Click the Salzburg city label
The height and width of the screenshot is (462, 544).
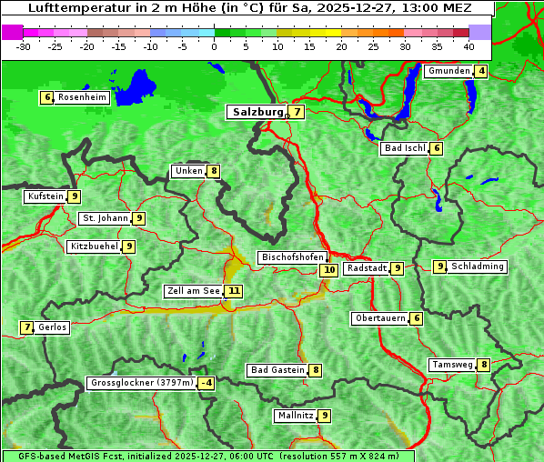point(258,112)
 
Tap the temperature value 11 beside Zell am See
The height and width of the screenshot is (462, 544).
point(235,291)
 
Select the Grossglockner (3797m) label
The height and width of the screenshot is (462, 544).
point(142,384)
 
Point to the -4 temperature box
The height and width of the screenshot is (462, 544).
point(207,384)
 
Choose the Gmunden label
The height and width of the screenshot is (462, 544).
point(448,71)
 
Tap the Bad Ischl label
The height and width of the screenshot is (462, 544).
point(404,148)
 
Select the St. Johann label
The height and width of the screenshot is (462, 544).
point(104,218)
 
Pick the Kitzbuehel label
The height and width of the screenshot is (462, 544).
point(94,246)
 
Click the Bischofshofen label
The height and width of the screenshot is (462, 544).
point(292,258)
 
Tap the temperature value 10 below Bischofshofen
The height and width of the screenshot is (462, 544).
point(328,269)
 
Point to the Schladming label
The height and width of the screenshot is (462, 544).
point(478,266)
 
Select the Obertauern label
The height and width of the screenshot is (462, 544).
point(379,318)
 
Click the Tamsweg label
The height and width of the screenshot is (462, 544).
point(452,365)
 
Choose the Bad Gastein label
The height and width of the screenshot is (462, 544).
point(277,370)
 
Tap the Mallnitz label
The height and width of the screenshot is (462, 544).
point(295,416)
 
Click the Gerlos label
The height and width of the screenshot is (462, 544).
point(53,327)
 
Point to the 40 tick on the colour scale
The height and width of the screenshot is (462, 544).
point(468,45)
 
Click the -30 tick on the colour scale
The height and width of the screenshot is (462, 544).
point(24,45)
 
